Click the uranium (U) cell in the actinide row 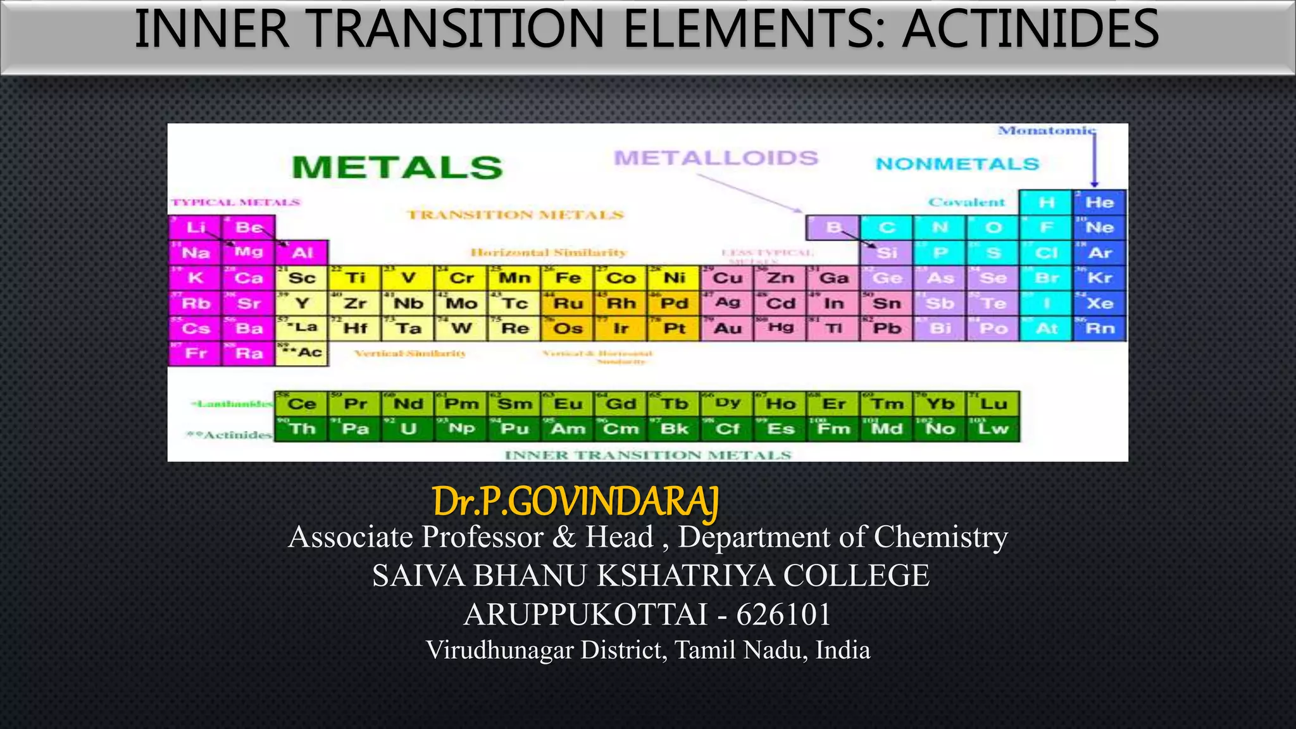pos(408,429)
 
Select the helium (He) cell pos(1100,202)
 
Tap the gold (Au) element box pos(728,328)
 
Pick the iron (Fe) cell pos(568,278)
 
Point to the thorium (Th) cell pos(302,429)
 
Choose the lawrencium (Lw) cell pos(994,429)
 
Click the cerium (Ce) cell pos(302,404)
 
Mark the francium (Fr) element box pos(196,353)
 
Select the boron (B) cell pos(833,228)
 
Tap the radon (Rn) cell pos(1100,328)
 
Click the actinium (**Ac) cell pos(302,353)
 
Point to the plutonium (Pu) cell pos(514,429)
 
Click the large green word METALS pos(397,168)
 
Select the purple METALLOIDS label pos(716,158)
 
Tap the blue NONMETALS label pos(957,165)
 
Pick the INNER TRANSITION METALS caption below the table pos(648,455)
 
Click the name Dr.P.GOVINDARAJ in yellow pos(576,502)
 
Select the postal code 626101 pos(783,614)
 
